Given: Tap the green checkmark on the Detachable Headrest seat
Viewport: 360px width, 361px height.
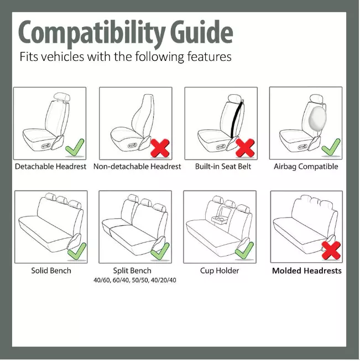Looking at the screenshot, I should coord(75,147).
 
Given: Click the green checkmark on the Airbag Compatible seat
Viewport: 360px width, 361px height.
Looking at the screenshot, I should coord(331,147).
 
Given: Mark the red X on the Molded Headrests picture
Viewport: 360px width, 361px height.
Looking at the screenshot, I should coord(331,251).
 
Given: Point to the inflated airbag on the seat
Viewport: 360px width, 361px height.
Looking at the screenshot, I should coord(317,118).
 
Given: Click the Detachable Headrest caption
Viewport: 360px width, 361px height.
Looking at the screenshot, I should coord(50,167).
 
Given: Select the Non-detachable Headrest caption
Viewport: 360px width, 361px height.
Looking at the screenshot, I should coord(137,167).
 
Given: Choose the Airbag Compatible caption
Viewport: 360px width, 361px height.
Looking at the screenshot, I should coord(306,167).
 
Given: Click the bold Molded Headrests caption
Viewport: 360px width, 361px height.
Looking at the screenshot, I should coord(306,271).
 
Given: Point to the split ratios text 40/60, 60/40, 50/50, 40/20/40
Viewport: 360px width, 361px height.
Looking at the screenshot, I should coord(135,281).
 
